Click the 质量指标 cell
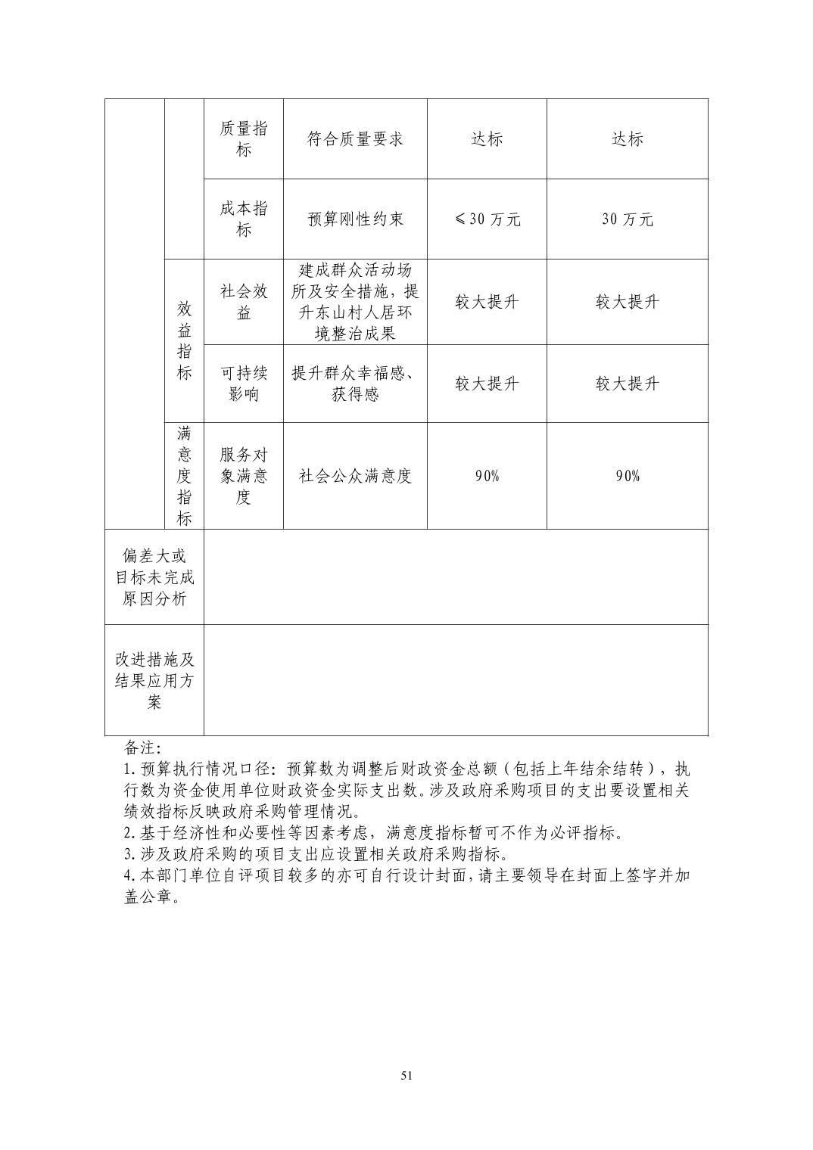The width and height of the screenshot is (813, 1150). pos(243,139)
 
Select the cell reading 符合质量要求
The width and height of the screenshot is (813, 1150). pos(355,139)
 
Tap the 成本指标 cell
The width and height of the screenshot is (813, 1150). pos(243,219)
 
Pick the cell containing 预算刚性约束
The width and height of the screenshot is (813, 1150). pos(355,219)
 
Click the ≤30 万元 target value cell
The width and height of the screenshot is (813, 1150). pos(487,219)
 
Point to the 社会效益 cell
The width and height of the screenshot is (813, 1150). pos(243,302)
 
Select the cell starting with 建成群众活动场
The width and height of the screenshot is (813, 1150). pos(355,302)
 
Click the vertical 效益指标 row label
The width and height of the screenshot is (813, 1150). pos(184,340)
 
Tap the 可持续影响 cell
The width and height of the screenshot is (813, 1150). pos(243,384)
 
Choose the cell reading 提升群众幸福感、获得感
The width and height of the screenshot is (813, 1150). pos(355,384)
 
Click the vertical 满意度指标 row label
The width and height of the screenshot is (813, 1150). pos(184,476)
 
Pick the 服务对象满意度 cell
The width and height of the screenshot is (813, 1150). pos(243,476)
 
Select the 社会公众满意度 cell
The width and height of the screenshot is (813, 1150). pos(355,476)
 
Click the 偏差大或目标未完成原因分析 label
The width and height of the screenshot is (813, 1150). pos(154,577)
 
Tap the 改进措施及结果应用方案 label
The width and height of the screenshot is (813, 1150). pos(154,680)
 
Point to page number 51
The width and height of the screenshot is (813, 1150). pos(406,1076)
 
